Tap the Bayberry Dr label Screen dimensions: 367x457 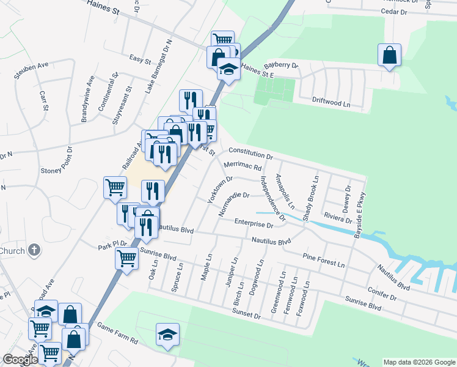280,65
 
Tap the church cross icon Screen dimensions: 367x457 34,250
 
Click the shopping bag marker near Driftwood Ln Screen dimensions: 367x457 389,56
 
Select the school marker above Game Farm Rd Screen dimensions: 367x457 167,335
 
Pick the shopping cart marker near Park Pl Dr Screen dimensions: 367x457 126,259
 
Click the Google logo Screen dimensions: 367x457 20,360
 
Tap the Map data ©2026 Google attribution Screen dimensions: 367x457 419,362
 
